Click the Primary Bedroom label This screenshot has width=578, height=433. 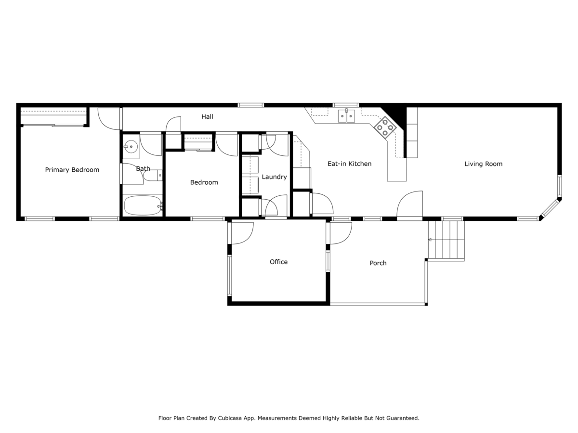[x=72, y=170]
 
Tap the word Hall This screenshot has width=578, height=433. [x=207, y=116]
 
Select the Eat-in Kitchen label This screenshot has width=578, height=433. [x=349, y=164]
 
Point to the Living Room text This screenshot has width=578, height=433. [x=483, y=164]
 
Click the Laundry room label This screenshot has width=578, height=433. [x=274, y=177]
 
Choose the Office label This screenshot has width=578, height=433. [x=278, y=262]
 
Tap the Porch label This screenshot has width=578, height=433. [x=378, y=263]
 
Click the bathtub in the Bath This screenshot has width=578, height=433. [x=143, y=205]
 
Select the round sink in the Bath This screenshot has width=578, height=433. [x=131, y=147]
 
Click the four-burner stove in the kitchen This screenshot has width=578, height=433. [x=385, y=127]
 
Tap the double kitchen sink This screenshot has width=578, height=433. [x=346, y=116]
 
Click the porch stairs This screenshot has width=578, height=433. [x=446, y=240]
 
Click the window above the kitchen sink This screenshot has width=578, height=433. [x=346, y=105]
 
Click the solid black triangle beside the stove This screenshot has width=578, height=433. [x=397, y=115]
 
